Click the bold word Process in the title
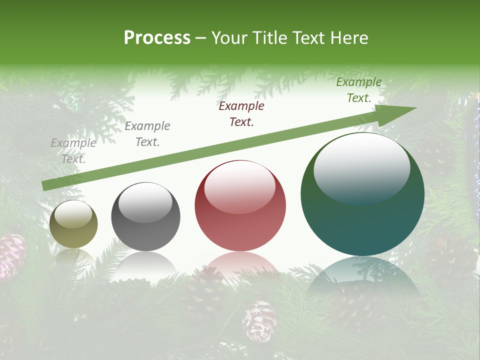157,38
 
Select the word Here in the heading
349,38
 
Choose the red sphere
240,206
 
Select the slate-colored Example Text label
147,134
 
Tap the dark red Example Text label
241,113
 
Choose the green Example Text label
358,90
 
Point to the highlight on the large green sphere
361,167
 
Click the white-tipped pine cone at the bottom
259,320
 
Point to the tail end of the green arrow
45,186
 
